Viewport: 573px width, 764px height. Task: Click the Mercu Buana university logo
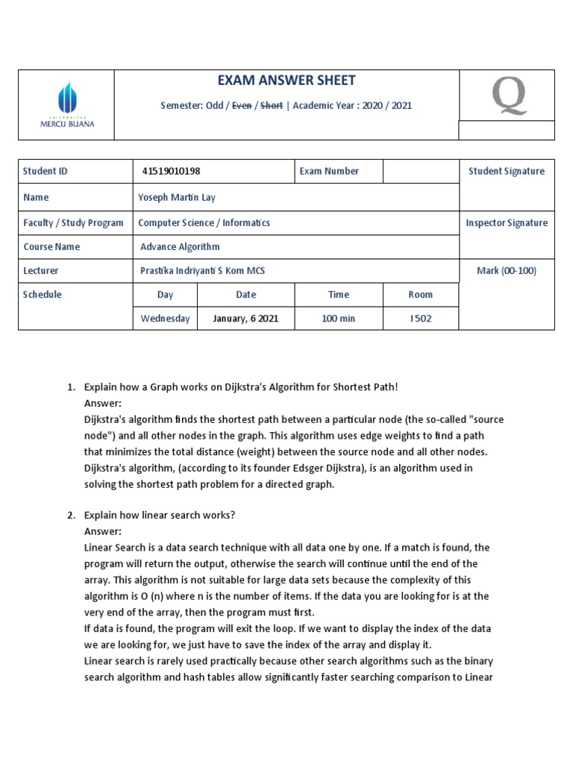pyautogui.click(x=67, y=105)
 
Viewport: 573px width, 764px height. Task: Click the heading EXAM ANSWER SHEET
pyautogui.click(x=286, y=81)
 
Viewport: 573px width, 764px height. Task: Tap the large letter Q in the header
pyautogui.click(x=507, y=95)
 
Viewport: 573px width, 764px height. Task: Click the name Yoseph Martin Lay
pyautogui.click(x=177, y=198)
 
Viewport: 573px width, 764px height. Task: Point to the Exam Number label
pyautogui.click(x=329, y=172)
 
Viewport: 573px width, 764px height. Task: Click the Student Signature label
pyautogui.click(x=506, y=172)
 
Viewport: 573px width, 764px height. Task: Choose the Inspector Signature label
pyautogui.click(x=506, y=223)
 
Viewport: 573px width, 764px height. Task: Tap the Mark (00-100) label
pyautogui.click(x=507, y=271)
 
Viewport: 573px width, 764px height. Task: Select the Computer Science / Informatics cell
pyautogui.click(x=204, y=223)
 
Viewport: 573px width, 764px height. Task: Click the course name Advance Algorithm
pyautogui.click(x=180, y=247)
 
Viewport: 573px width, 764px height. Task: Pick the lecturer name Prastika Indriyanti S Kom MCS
pyautogui.click(x=202, y=271)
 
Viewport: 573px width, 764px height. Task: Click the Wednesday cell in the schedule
pyautogui.click(x=165, y=319)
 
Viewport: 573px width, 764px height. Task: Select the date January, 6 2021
pyautogui.click(x=245, y=319)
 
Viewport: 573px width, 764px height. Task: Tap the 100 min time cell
pyautogui.click(x=339, y=319)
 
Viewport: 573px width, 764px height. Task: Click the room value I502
pyautogui.click(x=421, y=319)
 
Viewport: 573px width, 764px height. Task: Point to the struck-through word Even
pyautogui.click(x=242, y=106)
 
